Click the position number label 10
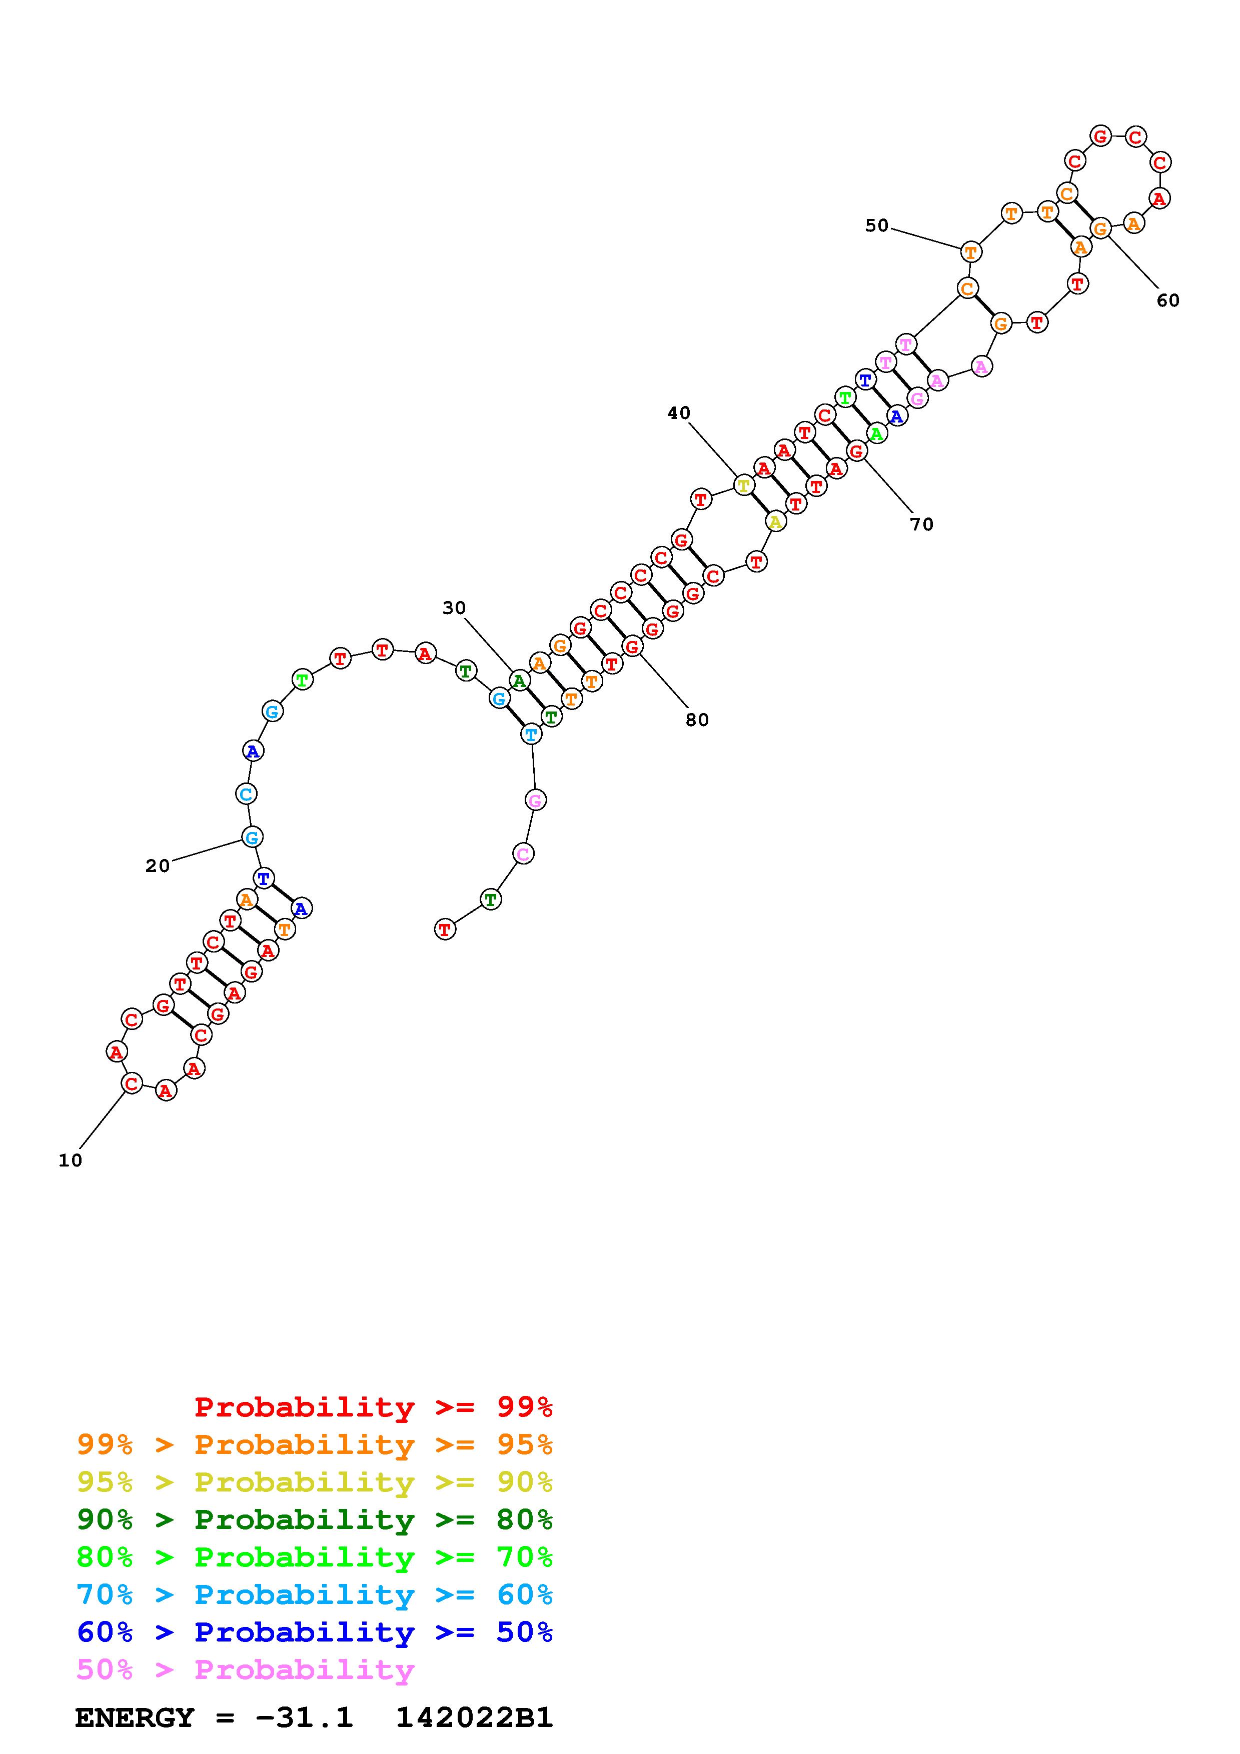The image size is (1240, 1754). point(71,1160)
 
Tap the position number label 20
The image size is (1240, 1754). point(158,865)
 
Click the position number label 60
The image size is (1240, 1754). point(1167,300)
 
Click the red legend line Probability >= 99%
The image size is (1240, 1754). point(374,1406)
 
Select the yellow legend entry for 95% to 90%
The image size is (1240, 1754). point(315,1481)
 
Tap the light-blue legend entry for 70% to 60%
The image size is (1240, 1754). point(315,1594)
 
